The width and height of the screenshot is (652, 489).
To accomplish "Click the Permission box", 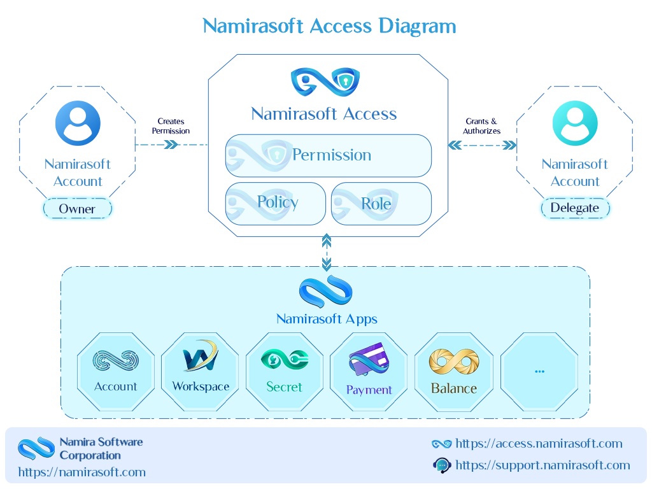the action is click(329, 155).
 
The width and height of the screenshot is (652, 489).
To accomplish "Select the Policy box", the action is click(275, 204).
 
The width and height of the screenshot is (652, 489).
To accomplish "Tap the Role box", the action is click(381, 204).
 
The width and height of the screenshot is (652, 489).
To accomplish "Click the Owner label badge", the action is click(77, 208).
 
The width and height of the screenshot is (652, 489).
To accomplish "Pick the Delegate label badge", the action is click(575, 208).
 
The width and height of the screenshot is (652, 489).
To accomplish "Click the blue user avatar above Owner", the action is click(78, 123).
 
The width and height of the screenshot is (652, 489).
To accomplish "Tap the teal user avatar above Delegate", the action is click(575, 123).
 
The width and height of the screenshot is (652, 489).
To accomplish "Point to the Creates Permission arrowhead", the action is click(171, 145).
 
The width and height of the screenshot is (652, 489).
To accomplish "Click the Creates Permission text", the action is click(171, 126).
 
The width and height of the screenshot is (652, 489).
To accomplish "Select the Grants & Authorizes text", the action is click(481, 126).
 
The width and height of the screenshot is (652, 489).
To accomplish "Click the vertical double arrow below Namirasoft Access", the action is click(327, 252).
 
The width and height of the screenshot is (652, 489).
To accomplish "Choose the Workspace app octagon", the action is click(200, 372).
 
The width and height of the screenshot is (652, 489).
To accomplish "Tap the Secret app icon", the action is click(285, 360).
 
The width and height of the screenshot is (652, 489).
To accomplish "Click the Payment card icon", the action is click(369, 359).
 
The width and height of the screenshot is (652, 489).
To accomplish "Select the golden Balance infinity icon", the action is click(454, 362).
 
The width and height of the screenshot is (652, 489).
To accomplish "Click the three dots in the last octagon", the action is click(540, 371).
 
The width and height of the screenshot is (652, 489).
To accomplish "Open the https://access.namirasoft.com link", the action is click(539, 444).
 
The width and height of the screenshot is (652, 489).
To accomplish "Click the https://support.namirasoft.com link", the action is click(542, 465).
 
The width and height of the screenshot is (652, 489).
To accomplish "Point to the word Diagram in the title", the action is click(417, 27).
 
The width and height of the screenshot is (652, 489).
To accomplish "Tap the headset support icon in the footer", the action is click(442, 465).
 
